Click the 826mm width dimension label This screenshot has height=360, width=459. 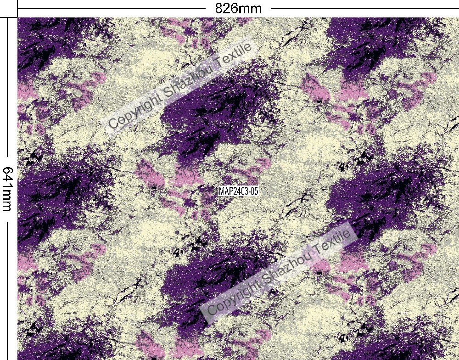point(238,8)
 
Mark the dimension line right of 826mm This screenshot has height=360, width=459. point(363,8)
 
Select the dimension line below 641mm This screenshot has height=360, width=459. point(8,285)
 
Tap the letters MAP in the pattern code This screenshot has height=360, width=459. point(225,191)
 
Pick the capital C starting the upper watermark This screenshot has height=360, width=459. point(113,123)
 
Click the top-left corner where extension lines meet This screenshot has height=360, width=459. point(17,17)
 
